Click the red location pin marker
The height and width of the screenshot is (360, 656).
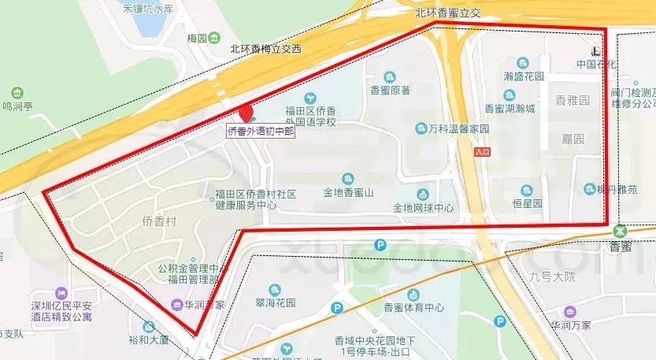(246, 114)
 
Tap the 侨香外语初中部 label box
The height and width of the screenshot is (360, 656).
(261, 132)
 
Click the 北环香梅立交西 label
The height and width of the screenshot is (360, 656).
(265, 49)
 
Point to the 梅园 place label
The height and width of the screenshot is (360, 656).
(196, 38)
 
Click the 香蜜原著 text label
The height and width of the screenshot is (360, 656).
(391, 90)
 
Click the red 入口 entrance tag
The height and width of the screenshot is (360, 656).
(483, 150)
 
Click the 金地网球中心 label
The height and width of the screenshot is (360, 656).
(424, 209)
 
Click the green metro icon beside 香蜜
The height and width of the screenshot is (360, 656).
(621, 231)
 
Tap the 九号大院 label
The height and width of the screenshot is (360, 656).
(554, 276)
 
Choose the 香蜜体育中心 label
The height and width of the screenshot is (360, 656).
(413, 308)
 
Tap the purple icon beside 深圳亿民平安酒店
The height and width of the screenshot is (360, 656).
(60, 291)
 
